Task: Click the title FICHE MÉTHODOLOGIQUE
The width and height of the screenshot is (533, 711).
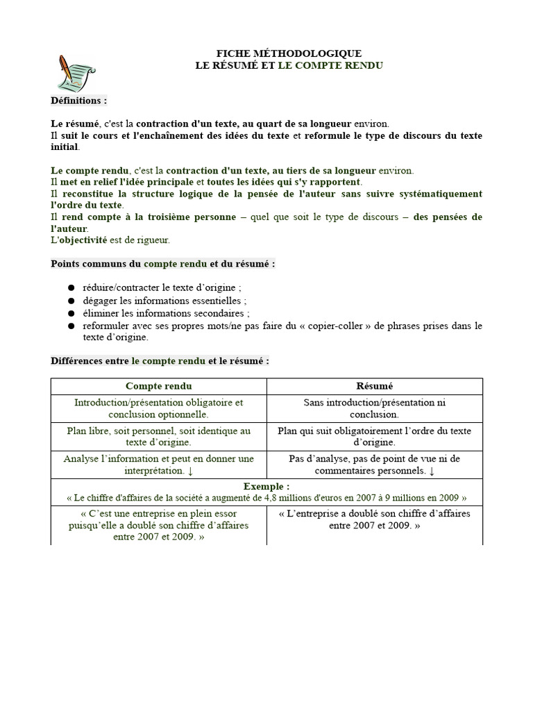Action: pos(289,53)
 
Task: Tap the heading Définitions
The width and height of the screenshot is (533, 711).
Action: pos(79,101)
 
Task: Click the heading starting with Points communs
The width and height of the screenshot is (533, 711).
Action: pos(163,264)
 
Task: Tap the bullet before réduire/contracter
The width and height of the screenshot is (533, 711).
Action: pos(72,288)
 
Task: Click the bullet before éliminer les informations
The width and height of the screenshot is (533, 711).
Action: pos(72,313)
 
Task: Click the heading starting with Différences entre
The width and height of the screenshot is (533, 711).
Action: pos(160,361)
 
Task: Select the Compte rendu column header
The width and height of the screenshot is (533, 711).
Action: pos(159,386)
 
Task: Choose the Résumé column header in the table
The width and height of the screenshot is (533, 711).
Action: pos(374,386)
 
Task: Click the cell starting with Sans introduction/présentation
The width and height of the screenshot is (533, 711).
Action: pos(374,408)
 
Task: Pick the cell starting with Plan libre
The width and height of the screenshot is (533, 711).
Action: pos(159,436)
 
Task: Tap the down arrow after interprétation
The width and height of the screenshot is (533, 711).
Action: pos(190,471)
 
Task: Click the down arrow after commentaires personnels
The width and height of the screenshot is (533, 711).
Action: pos(432,471)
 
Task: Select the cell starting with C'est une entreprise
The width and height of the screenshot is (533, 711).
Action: pos(159,526)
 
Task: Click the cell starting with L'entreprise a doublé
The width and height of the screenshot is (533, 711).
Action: pos(374,519)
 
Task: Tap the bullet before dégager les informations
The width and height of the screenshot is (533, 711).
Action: pos(72,301)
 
